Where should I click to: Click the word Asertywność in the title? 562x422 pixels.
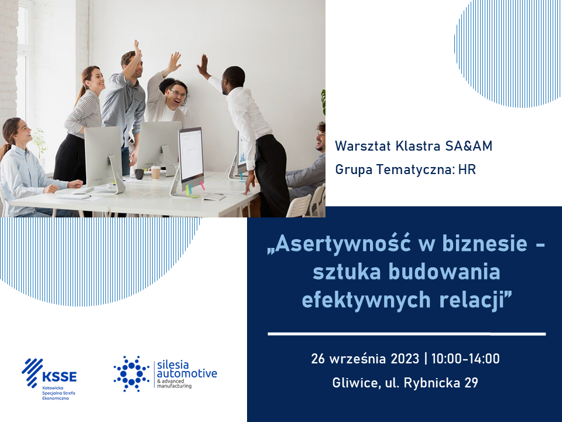point(343,244)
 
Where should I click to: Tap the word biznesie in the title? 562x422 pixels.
point(485,244)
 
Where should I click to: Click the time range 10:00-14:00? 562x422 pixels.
point(465,359)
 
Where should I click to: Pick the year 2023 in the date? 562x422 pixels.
point(405,359)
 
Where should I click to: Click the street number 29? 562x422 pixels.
point(471,383)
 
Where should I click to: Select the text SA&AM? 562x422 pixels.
point(469,146)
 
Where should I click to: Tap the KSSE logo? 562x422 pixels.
point(49,379)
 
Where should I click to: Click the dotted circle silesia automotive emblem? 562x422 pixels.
point(131,373)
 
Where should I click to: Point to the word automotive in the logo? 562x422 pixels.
point(187,373)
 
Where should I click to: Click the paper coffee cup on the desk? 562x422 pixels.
point(156,172)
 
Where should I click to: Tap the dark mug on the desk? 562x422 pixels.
point(139,174)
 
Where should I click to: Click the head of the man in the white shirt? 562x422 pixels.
point(233,80)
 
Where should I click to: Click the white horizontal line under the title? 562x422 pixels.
point(407,334)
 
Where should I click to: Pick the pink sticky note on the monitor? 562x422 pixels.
point(203,186)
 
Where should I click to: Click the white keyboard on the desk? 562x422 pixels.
point(214,197)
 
